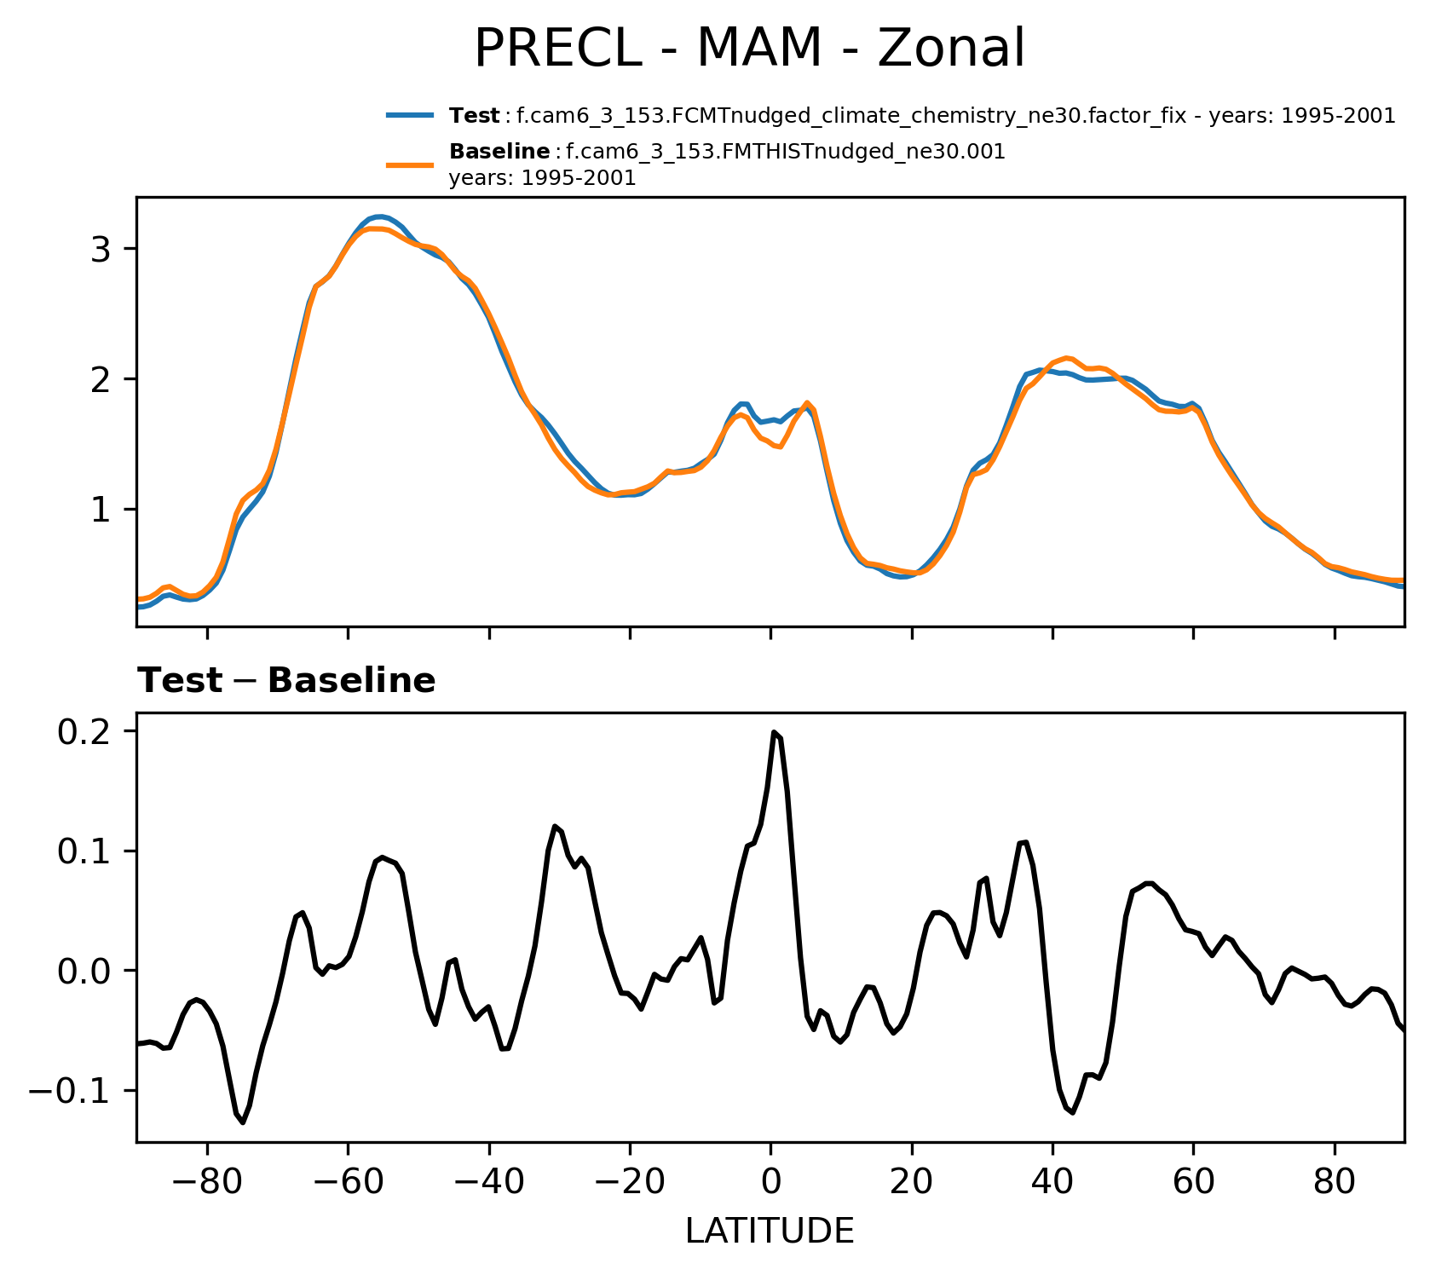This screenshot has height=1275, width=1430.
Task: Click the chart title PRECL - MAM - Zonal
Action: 749,49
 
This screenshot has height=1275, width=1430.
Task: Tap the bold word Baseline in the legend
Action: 499,152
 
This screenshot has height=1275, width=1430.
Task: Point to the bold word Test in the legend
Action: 475,116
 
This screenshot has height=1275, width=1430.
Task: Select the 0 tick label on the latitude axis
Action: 770,1183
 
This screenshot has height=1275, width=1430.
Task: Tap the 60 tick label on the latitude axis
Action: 1193,1183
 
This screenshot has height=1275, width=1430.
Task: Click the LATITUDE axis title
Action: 770,1231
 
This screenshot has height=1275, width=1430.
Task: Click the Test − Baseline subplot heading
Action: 286,681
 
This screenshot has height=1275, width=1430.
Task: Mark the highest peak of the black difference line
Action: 774,732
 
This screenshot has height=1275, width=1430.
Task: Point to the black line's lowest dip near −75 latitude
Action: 242,1122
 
